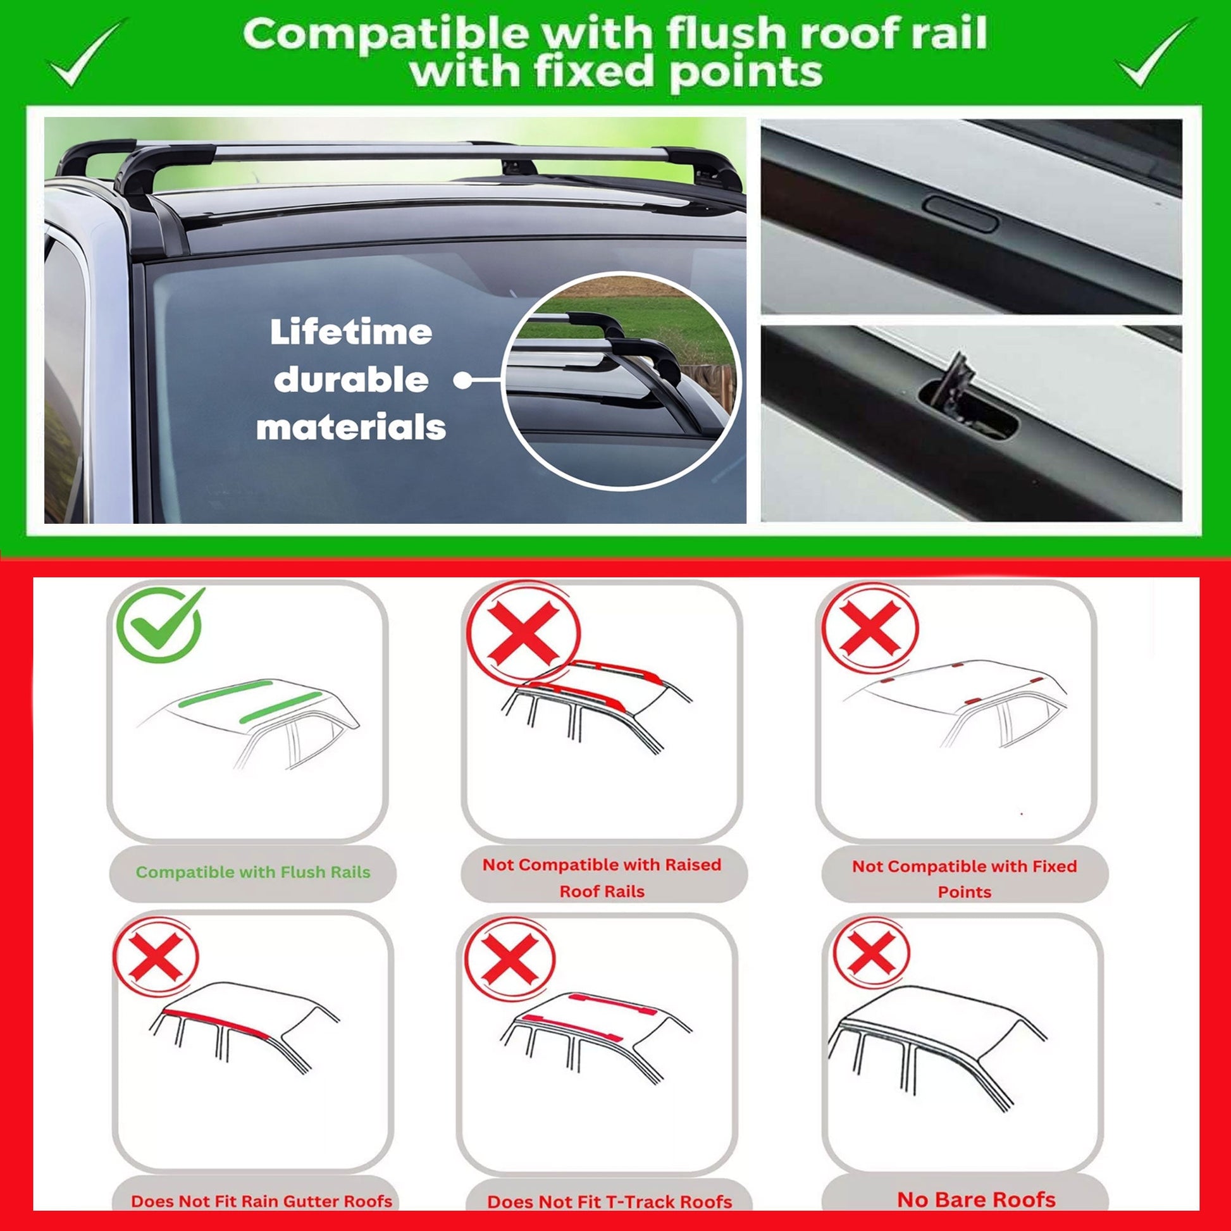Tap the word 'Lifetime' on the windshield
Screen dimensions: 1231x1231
[350, 333]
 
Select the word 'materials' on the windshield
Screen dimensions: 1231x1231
[351, 428]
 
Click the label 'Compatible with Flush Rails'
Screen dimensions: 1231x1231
[253, 872]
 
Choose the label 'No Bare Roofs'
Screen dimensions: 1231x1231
[976, 1199]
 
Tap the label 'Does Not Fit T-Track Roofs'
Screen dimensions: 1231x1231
[609, 1202]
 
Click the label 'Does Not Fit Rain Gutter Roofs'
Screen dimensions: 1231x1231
[261, 1201]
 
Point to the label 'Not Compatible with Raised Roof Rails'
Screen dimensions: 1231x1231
[602, 877]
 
